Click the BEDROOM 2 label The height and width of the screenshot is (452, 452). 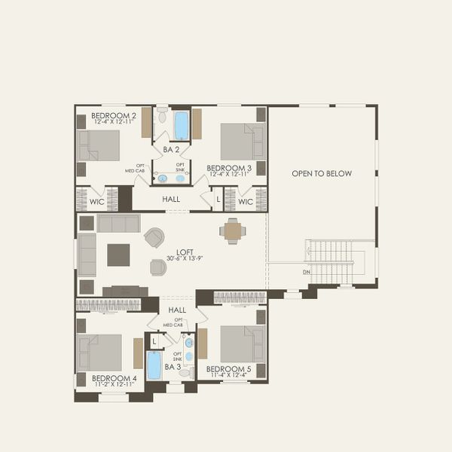(x=114, y=115)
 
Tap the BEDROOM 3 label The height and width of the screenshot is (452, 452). (x=229, y=168)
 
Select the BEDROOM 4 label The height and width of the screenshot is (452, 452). (x=114, y=377)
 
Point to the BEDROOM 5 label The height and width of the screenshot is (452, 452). (x=229, y=368)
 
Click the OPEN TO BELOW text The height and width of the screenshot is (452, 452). (x=322, y=174)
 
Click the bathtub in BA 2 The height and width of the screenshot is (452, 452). (x=182, y=126)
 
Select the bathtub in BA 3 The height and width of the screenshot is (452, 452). (x=154, y=365)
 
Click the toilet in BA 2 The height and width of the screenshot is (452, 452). (x=162, y=115)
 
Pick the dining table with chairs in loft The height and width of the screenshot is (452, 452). (x=233, y=231)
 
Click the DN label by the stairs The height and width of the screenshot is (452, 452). (x=307, y=272)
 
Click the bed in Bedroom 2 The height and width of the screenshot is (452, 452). (x=99, y=145)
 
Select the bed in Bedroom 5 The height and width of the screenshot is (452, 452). (x=243, y=344)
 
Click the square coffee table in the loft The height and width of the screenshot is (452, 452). (x=118, y=255)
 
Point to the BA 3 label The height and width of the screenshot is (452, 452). (x=173, y=367)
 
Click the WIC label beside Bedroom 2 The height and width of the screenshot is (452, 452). (x=97, y=201)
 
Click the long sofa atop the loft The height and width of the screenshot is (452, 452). (x=118, y=223)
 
